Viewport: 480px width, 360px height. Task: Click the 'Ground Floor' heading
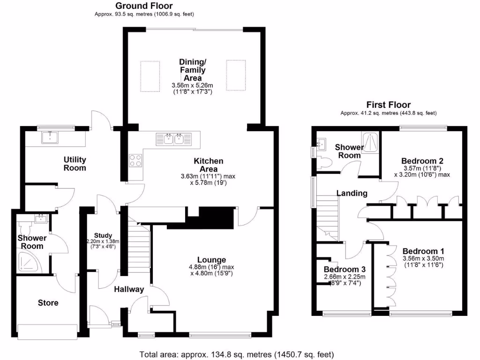(144, 6)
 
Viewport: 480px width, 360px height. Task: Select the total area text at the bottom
(237, 354)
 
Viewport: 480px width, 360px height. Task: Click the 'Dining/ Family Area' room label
(192, 70)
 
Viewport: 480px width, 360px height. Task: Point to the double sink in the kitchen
(173, 138)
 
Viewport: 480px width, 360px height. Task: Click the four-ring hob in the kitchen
(135, 160)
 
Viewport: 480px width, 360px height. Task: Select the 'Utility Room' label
(75, 164)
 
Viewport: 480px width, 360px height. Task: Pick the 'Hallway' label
(129, 290)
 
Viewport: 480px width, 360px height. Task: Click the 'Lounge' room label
(211, 260)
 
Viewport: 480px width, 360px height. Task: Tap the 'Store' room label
(48, 303)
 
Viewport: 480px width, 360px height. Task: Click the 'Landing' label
(352, 193)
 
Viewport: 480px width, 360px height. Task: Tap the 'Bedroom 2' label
(423, 161)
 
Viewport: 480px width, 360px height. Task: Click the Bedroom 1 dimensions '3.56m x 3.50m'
(423, 258)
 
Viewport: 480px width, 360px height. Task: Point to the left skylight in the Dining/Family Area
(150, 76)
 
